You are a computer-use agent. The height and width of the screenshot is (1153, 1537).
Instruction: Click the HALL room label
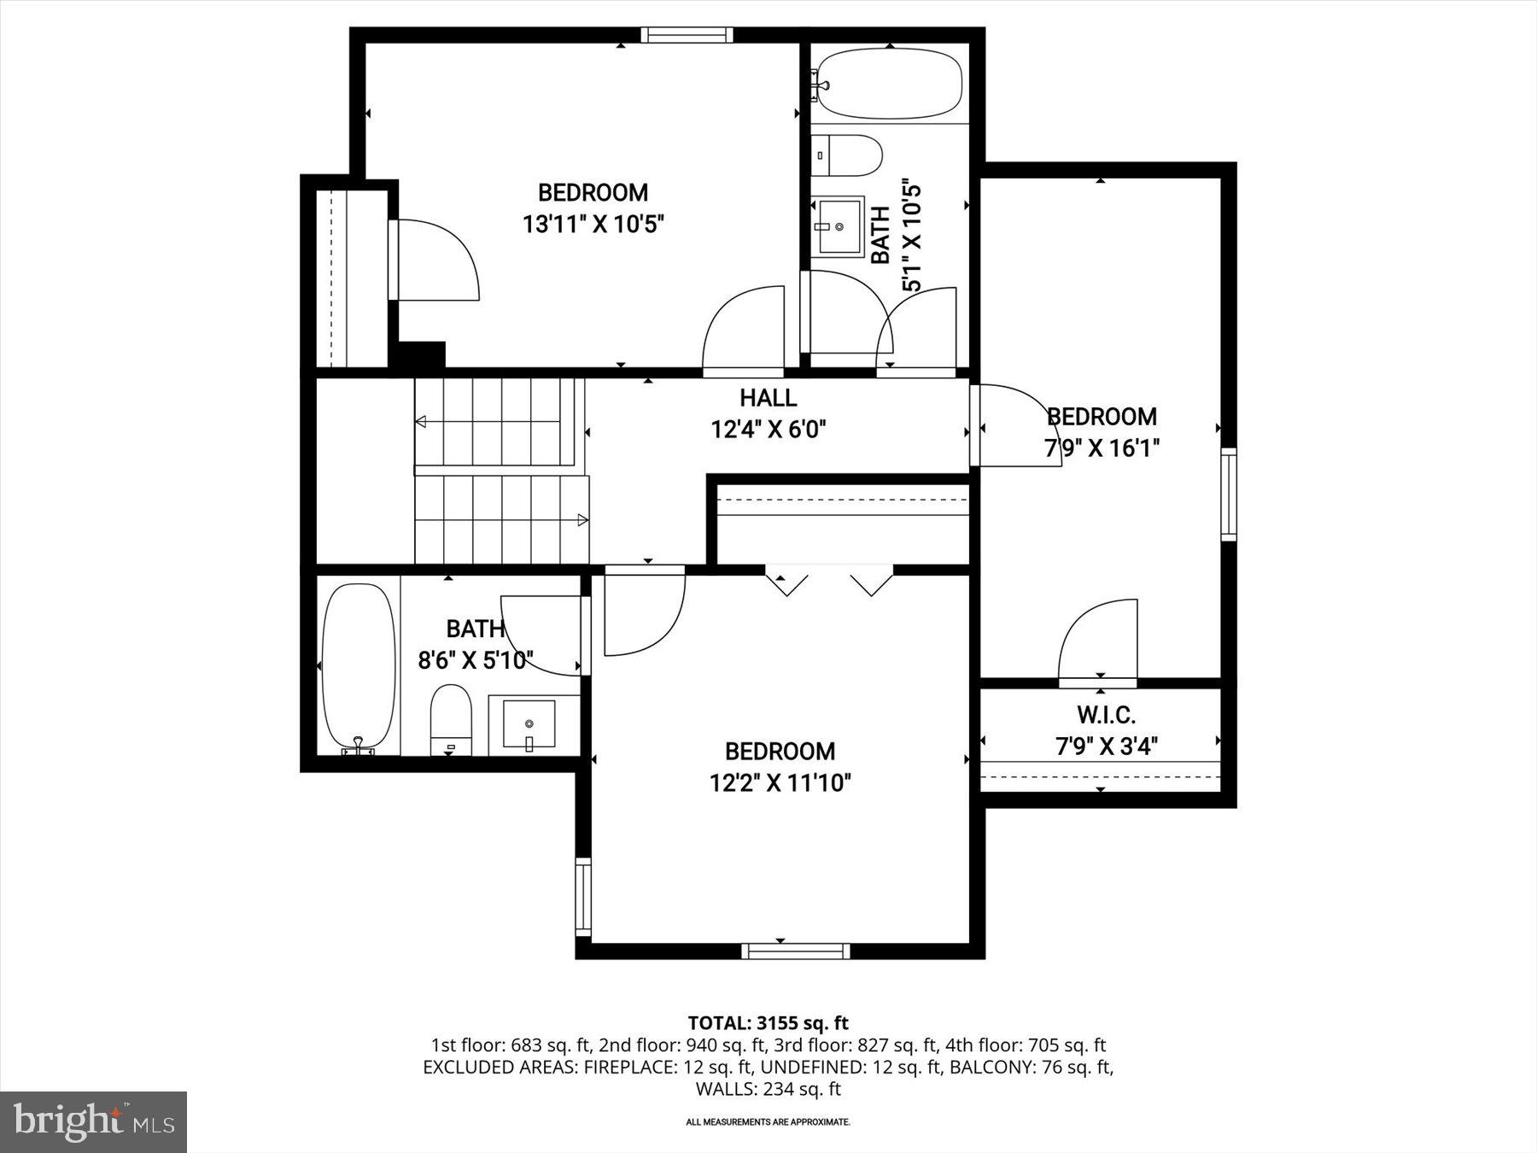tap(768, 398)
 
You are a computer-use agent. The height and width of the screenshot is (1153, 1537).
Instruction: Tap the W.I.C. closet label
tap(1106, 714)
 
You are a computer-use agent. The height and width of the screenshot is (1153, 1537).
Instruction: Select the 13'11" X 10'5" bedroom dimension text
tap(593, 225)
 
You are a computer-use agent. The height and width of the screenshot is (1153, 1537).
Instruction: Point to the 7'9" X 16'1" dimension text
tap(1102, 448)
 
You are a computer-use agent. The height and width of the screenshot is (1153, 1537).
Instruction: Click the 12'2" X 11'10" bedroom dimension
tap(780, 782)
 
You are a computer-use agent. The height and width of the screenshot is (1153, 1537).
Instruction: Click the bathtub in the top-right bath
tap(889, 84)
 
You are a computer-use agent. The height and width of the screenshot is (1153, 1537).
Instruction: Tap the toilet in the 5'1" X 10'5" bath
tap(846, 155)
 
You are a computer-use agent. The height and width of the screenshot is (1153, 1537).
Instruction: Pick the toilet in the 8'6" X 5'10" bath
tap(451, 719)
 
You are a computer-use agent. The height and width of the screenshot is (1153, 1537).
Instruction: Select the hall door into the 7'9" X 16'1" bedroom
tap(1016, 425)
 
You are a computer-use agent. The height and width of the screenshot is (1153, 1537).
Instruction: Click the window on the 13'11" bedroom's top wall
tap(687, 35)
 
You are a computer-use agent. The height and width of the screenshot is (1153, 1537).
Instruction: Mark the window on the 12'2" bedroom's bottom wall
tap(795, 951)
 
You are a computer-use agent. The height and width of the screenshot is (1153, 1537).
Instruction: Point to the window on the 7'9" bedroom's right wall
tap(1228, 494)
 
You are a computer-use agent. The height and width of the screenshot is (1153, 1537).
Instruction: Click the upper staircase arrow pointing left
tap(421, 422)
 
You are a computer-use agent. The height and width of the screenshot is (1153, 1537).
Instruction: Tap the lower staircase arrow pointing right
tap(583, 519)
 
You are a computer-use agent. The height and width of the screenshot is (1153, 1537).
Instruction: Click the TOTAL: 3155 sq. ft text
tap(768, 1022)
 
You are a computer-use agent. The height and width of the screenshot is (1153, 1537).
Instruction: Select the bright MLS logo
tap(93, 1121)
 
